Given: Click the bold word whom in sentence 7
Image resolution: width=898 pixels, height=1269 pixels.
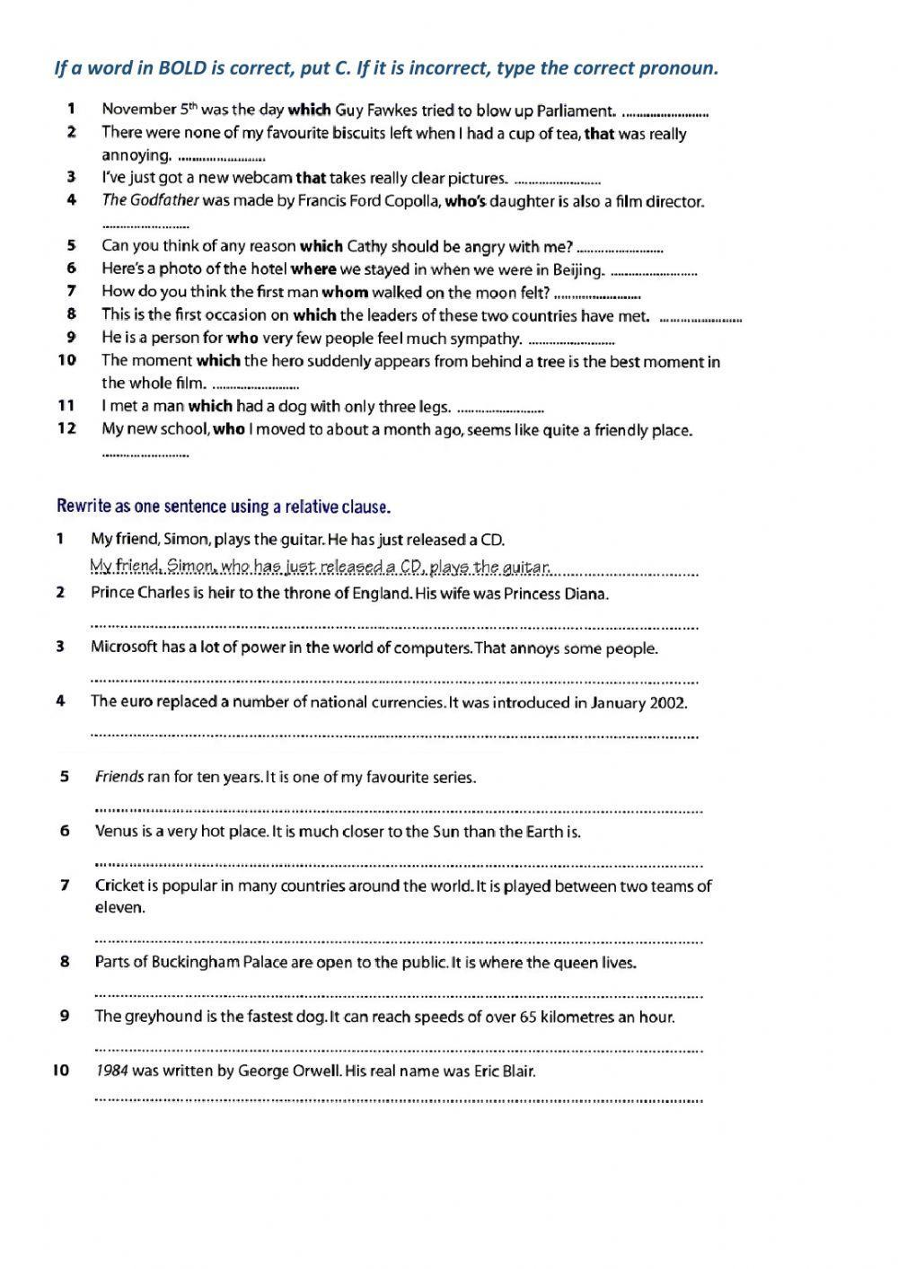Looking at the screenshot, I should point(345,292).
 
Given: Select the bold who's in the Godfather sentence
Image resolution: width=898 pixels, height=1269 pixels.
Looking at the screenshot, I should point(465,201).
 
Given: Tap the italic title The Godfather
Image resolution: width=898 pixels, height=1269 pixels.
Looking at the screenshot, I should point(150,201).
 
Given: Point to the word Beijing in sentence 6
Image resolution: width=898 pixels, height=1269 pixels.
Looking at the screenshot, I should point(575,269).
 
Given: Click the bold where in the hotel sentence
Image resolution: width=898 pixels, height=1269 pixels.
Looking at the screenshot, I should point(313,269).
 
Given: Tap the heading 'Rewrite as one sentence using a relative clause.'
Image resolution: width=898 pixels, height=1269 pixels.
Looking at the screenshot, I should point(224,507).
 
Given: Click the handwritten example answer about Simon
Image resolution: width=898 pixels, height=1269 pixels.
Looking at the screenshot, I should point(320,567).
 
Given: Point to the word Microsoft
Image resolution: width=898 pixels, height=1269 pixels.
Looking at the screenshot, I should point(124,648).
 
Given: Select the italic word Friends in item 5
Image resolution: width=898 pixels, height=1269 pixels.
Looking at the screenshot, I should point(119,777).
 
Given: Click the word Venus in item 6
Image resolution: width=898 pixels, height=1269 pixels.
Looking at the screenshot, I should point(114,832).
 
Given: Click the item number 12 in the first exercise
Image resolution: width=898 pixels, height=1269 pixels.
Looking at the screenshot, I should point(66,428).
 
